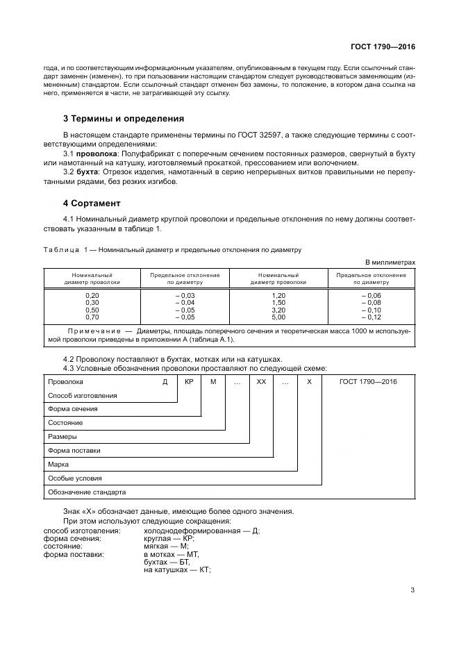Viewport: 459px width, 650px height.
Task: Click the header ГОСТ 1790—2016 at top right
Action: coord(383,47)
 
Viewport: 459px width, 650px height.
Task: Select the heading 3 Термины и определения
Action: coord(124,119)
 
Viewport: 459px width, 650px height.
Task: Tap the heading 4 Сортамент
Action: coord(92,203)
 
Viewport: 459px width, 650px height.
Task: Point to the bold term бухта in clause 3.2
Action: coord(88,171)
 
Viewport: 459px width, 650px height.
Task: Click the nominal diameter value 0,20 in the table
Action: coord(92,295)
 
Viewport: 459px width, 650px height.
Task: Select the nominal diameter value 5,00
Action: coord(278,317)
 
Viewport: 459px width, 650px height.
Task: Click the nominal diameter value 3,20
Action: coord(278,310)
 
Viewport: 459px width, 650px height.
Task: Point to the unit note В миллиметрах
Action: coord(390,262)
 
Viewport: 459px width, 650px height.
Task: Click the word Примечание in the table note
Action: coord(93,331)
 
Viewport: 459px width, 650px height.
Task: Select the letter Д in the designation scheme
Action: coord(165,382)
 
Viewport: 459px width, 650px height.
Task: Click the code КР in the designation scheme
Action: coord(189,382)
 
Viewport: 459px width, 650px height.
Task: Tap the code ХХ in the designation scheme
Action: coord(261,382)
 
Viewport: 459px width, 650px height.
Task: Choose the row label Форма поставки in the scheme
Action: coord(74,451)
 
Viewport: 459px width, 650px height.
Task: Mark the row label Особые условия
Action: coord(74,478)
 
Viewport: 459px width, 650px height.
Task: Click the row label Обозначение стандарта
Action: coord(87,492)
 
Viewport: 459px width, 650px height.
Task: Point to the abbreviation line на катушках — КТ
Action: coord(177,569)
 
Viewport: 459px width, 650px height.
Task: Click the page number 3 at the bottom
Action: coord(412,590)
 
